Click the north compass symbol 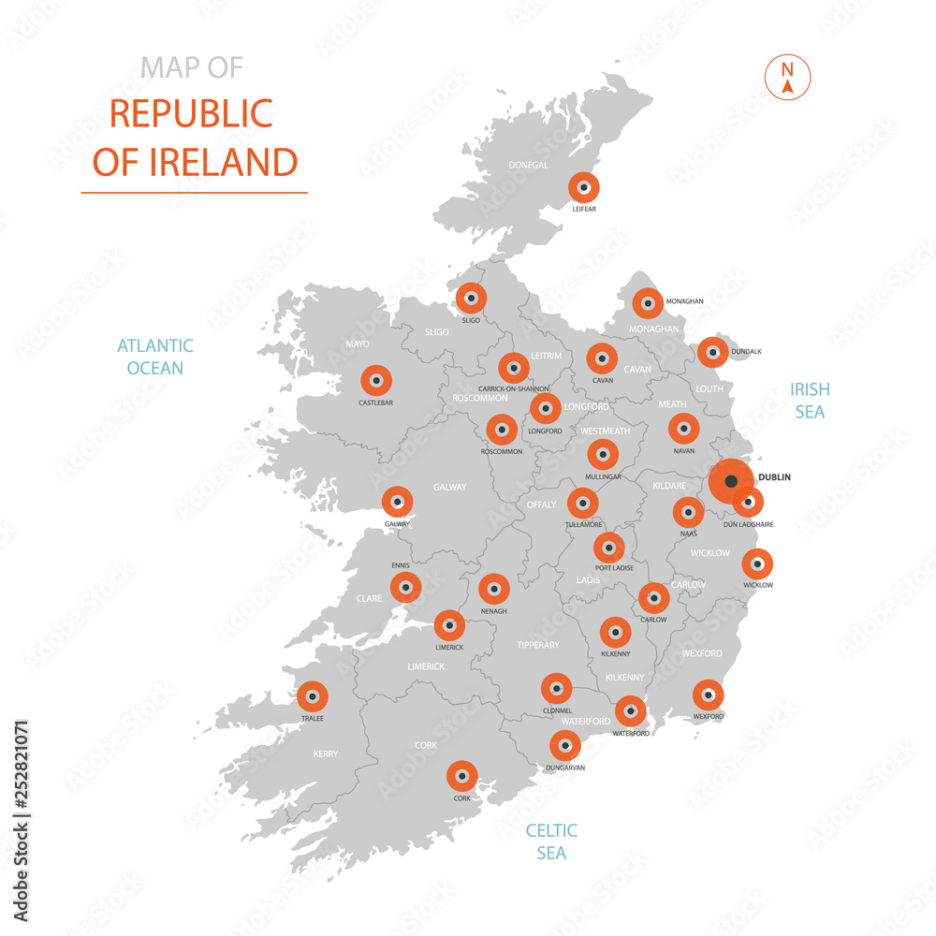[x=787, y=79]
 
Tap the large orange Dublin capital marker [x=730, y=481]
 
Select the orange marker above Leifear [x=584, y=188]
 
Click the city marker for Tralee [x=313, y=697]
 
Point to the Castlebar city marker [x=376, y=381]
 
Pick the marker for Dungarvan [x=564, y=746]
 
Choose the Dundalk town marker [x=713, y=353]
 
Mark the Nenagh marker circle [x=493, y=590]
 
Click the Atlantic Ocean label [x=155, y=357]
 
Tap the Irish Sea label [x=810, y=400]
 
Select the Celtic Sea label [x=551, y=841]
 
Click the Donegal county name [x=529, y=166]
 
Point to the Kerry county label [x=326, y=753]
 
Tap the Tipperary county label [x=538, y=645]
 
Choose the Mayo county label [x=358, y=344]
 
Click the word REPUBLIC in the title [x=191, y=113]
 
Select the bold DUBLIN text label [x=774, y=477]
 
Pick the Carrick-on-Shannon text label [x=514, y=388]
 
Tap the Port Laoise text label [x=614, y=568]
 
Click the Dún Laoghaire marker [x=748, y=504]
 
